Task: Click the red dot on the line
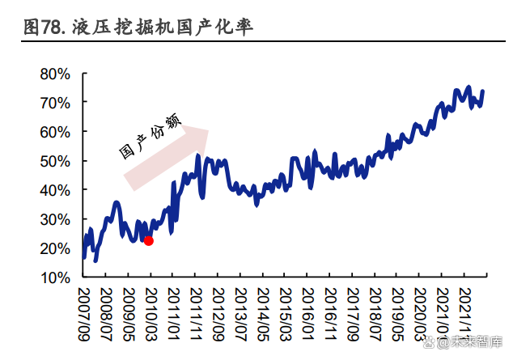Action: coord(148,240)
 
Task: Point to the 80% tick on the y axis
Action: coord(55,74)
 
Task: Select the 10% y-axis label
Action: coord(55,277)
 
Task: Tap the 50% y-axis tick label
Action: coord(55,161)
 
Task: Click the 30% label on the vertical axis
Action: coord(55,219)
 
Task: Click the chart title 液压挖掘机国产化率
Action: coord(163,28)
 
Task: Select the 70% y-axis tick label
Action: coord(55,103)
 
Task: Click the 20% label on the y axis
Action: coord(55,248)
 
